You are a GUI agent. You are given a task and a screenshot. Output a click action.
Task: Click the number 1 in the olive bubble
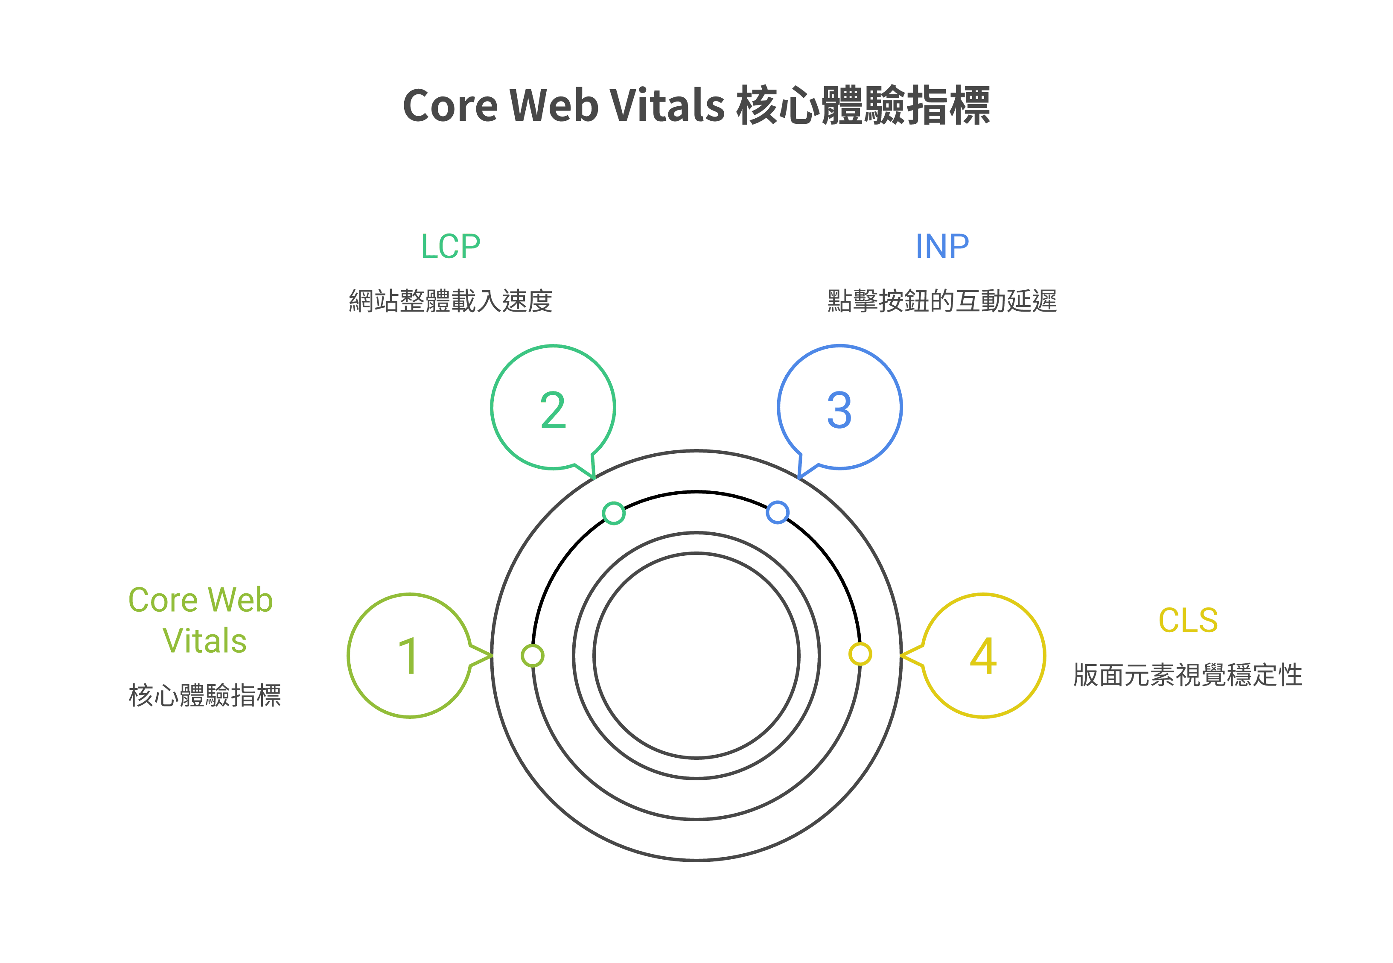pos(408,656)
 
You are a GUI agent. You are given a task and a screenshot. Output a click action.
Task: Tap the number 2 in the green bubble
pos(553,410)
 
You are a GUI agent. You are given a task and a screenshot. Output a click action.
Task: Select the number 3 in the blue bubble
pos(839,410)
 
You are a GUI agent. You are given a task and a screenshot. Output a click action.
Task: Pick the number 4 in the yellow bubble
pos(983,656)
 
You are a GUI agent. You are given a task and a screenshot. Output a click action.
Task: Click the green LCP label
pos(451,246)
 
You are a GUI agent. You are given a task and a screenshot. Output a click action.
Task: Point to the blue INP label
pos(942,246)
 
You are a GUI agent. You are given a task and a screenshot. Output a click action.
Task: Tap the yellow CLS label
pos(1188,620)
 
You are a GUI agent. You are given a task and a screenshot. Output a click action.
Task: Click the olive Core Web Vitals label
pos(201,620)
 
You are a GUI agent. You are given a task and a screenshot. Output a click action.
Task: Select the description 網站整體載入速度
pos(451,301)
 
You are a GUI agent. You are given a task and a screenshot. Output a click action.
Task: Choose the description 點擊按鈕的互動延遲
pos(942,301)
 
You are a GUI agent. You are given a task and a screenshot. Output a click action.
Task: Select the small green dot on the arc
pos(614,513)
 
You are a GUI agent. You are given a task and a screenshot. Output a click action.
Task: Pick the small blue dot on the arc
pos(778,512)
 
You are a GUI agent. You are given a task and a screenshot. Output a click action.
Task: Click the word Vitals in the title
pos(667,105)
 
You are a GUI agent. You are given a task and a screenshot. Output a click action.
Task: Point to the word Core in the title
pos(449,105)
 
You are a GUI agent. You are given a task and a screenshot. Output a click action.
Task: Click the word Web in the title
pos(554,105)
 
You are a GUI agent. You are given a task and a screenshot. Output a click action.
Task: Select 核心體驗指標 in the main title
pos(863,105)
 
